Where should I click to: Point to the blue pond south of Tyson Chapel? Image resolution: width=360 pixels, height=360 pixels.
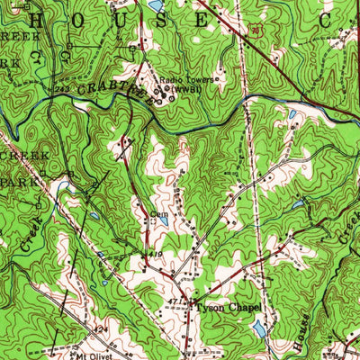pyautogui.click(x=259, y=330)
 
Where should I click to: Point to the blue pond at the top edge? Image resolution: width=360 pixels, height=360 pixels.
pyautogui.click(x=155, y=5)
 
